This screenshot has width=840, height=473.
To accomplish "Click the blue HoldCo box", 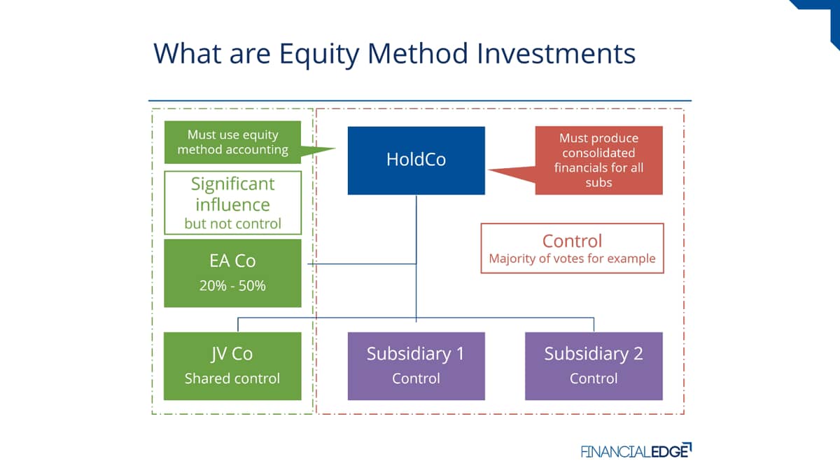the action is [416, 160].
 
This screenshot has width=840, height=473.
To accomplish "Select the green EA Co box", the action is [232, 273].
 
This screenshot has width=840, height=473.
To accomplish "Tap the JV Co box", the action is [232, 366].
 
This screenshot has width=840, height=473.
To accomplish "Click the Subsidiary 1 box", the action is [416, 366].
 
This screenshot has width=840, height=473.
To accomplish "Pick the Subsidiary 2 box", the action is [594, 366].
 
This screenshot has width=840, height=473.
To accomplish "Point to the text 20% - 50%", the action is [232, 286].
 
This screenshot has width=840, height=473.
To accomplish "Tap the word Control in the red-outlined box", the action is [573, 241].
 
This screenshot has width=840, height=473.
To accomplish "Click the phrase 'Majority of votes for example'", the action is [573, 259].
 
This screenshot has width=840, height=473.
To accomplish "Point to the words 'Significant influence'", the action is [232, 195].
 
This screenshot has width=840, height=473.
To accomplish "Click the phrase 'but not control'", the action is [232, 224].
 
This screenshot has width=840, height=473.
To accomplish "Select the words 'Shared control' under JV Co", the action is [232, 378].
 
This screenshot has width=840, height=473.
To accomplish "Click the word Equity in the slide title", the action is [319, 55].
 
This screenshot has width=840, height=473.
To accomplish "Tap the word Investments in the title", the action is [556, 53].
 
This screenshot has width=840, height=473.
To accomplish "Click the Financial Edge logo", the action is [636, 451].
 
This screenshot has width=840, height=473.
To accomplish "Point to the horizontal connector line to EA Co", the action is [362, 264].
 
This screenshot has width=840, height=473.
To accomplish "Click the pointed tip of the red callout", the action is [489, 170].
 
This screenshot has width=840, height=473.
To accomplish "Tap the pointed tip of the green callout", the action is [335, 149].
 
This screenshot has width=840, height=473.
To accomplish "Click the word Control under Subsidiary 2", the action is [594, 378].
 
